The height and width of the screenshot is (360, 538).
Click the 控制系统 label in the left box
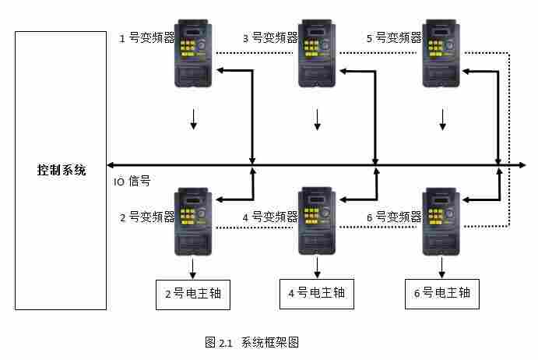click(x=62, y=170)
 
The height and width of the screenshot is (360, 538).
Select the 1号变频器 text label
click(x=146, y=38)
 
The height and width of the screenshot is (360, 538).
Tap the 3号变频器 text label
click(x=269, y=37)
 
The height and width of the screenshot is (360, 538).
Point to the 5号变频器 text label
click(x=394, y=37)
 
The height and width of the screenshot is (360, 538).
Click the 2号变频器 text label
click(x=146, y=217)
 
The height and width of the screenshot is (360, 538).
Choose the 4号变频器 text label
click(x=269, y=217)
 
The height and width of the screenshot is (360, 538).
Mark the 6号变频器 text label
click(x=394, y=217)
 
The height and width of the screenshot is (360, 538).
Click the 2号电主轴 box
click(x=194, y=294)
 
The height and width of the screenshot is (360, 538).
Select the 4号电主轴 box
click(x=317, y=294)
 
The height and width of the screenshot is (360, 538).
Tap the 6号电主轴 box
click(x=442, y=294)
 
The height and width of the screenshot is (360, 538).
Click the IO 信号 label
click(x=132, y=182)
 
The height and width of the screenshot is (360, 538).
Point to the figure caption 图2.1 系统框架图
click(x=251, y=342)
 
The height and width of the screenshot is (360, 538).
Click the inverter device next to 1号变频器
click(x=194, y=52)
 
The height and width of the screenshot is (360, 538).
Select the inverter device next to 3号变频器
click(x=317, y=52)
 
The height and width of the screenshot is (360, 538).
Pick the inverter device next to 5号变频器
click(x=442, y=52)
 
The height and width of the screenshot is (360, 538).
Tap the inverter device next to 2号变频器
click(x=194, y=222)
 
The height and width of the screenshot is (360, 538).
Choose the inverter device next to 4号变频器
click(x=317, y=222)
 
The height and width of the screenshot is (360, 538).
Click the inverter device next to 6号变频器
click(x=442, y=222)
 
